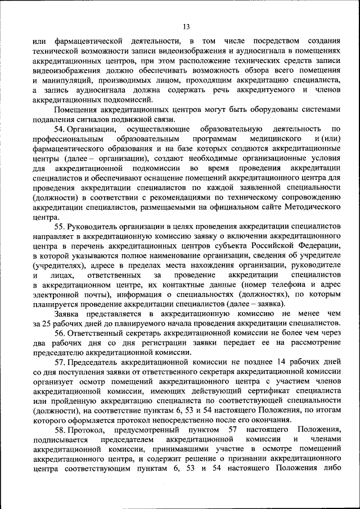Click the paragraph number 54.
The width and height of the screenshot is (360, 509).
tap(60, 129)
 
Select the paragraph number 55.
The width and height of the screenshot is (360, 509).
tap(60, 226)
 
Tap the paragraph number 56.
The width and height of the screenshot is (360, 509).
tap(60, 332)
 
